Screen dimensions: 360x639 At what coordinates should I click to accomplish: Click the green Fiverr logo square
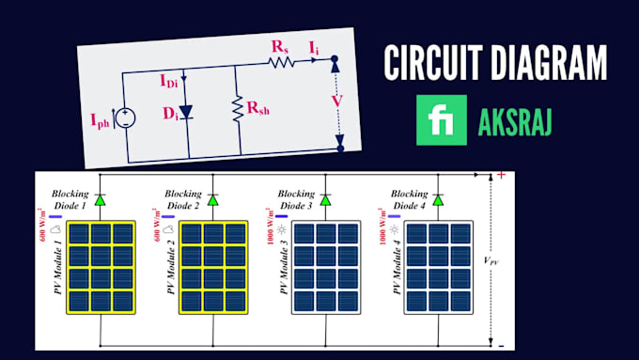(x=442, y=120)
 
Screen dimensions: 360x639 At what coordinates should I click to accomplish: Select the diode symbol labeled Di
(x=187, y=113)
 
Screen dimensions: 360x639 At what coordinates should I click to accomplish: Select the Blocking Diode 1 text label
(x=71, y=198)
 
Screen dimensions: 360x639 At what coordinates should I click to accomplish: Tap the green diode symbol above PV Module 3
(x=325, y=198)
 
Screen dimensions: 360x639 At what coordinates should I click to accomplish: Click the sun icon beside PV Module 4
(x=393, y=229)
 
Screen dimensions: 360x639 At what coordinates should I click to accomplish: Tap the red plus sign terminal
(x=500, y=175)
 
